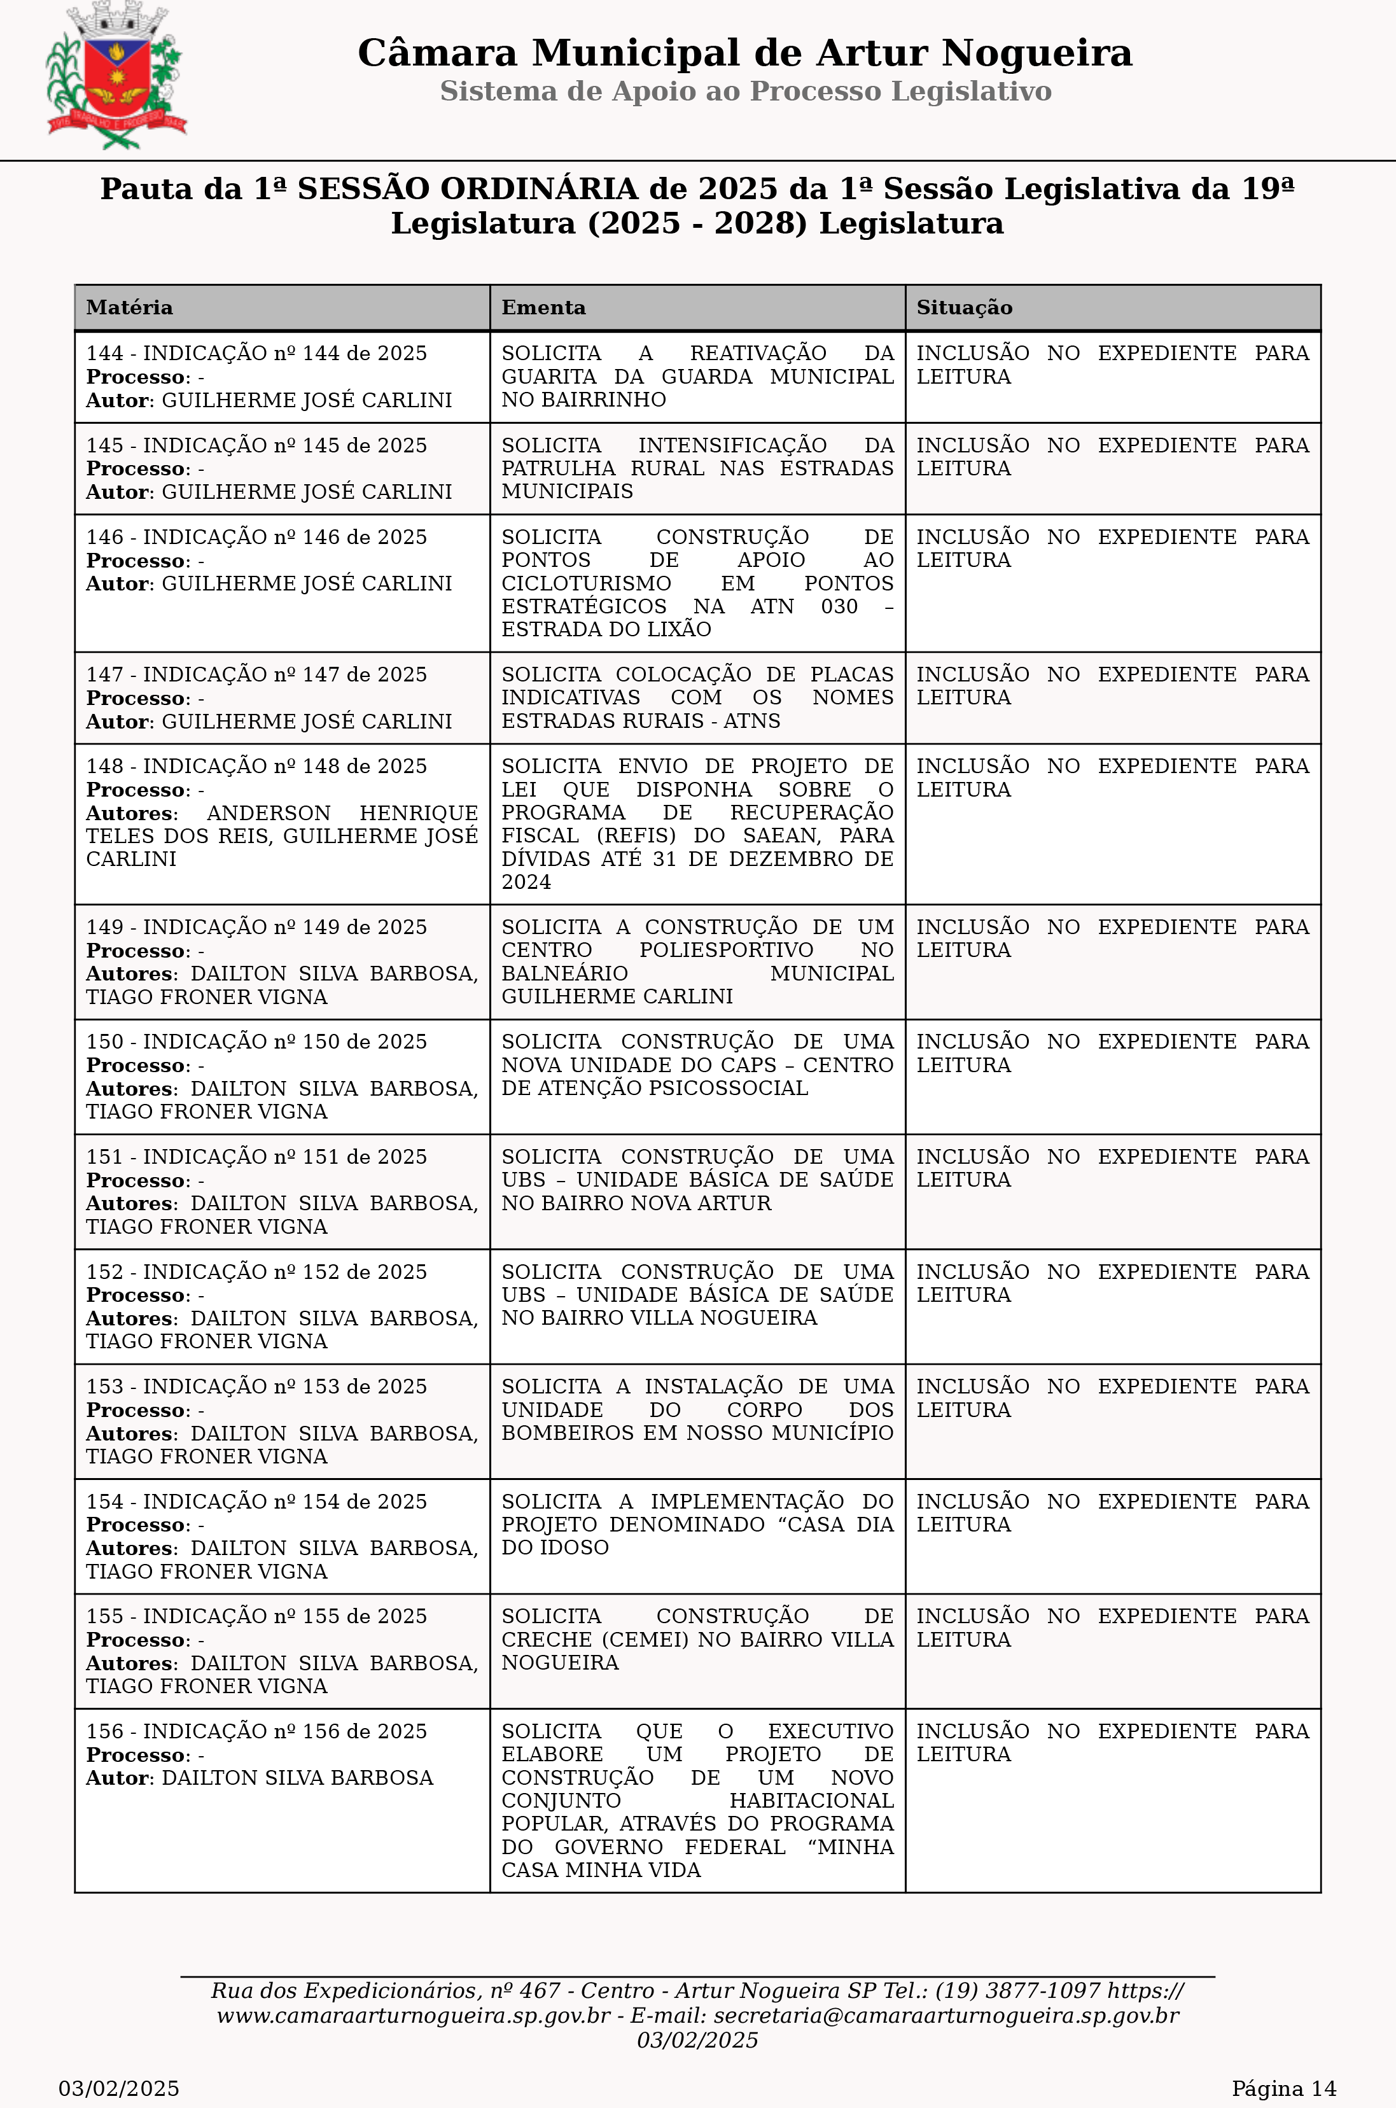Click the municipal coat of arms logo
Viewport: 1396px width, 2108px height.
tap(116, 76)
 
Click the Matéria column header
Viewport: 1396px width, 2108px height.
tap(130, 308)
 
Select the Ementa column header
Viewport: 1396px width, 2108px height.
tap(543, 308)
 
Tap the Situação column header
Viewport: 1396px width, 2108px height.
tap(964, 308)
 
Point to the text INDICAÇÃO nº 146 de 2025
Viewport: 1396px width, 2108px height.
tap(285, 538)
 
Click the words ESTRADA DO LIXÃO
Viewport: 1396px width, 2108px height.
tap(606, 629)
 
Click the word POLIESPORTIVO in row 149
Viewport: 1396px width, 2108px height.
tap(725, 951)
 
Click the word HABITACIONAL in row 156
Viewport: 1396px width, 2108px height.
tap(811, 1801)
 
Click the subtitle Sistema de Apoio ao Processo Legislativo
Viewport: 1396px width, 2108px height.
tap(745, 92)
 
